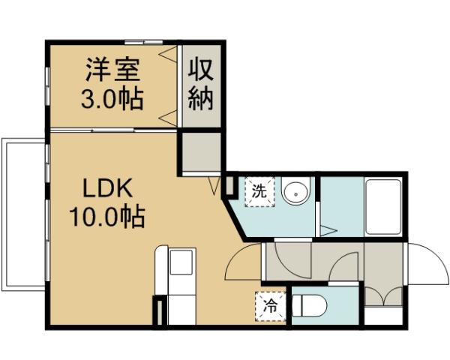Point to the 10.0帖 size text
[x=107, y=218]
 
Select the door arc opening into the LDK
[x=241, y=262]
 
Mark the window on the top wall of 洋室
[x=144, y=42]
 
